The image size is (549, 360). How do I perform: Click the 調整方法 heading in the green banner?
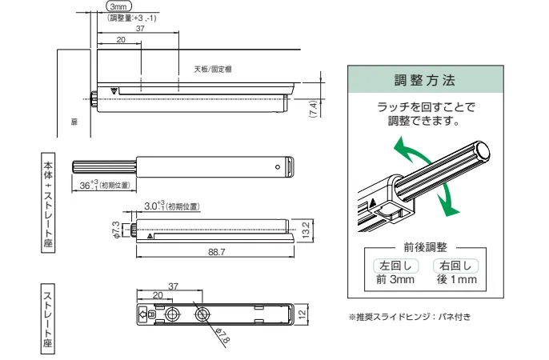425,81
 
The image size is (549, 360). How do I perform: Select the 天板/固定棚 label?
212,70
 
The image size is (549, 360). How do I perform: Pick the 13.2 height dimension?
307,230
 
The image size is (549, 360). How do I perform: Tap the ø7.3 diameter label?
115,230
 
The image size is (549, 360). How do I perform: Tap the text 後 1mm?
456,280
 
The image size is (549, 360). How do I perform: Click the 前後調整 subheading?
425,247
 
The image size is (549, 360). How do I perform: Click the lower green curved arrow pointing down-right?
450,200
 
